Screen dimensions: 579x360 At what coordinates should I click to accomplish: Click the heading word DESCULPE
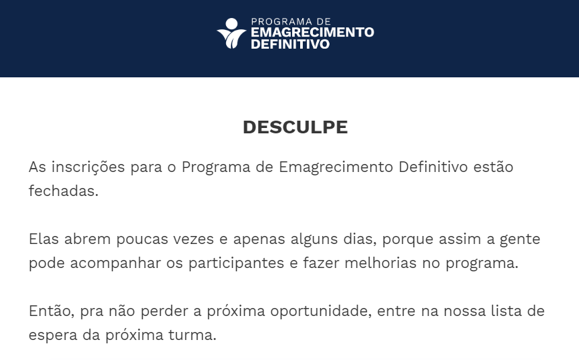pyautogui.click(x=295, y=127)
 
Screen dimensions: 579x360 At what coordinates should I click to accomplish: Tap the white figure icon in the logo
pyautogui.click(x=231, y=33)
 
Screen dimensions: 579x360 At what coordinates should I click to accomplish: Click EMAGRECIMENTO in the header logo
pyautogui.click(x=312, y=32)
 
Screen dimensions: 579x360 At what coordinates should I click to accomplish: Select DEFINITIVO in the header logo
pyautogui.click(x=290, y=44)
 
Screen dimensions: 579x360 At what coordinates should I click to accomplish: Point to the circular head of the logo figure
pyautogui.click(x=231, y=23)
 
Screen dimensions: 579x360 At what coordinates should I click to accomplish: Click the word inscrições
pyautogui.click(x=88, y=167)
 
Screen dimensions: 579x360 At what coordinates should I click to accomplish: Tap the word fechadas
pyautogui.click(x=63, y=191)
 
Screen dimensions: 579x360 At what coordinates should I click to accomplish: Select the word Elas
pyautogui.click(x=43, y=239)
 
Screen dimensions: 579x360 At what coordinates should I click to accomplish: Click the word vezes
pyautogui.click(x=193, y=239)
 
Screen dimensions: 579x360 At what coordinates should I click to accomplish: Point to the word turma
pyautogui.click(x=192, y=335)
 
